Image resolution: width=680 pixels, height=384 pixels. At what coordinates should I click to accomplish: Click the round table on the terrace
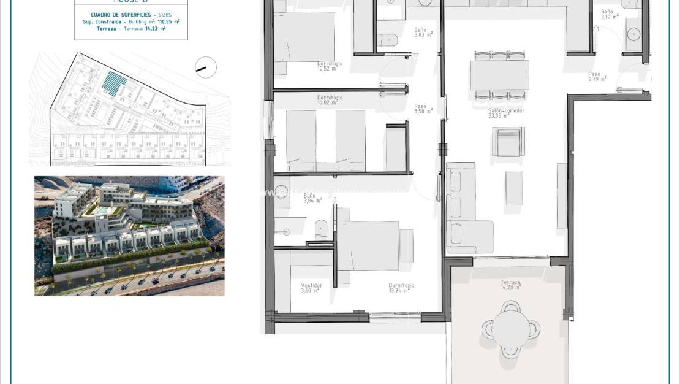[x=511, y=329]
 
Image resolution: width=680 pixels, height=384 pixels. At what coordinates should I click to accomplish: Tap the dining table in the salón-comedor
[x=500, y=75]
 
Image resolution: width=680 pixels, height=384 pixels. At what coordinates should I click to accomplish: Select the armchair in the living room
[x=508, y=143]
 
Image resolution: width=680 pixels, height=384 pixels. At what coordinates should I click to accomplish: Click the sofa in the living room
[x=461, y=208]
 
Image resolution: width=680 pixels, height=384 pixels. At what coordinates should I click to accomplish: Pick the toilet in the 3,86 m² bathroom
[x=323, y=231]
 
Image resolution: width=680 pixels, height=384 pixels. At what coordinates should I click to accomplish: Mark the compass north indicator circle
[x=206, y=67]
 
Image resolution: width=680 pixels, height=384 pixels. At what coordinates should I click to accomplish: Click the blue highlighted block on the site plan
[x=113, y=83]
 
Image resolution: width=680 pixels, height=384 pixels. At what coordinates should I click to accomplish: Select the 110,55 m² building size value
[x=166, y=21]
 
